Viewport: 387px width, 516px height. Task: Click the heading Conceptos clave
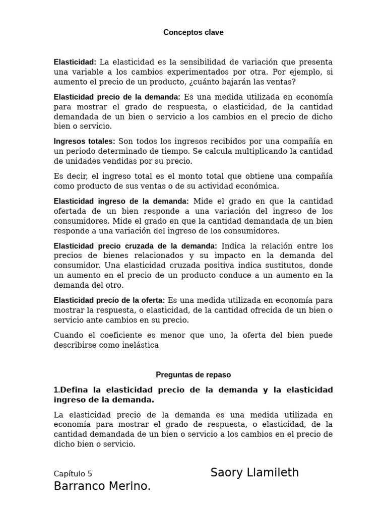point(193,32)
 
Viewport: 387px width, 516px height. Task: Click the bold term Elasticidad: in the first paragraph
point(75,62)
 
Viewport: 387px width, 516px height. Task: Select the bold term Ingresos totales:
point(84,142)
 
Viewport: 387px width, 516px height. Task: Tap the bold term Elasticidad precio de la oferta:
point(109,300)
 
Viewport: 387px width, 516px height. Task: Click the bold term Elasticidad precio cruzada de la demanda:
point(135,246)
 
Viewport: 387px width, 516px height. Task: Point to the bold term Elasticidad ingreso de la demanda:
point(121,201)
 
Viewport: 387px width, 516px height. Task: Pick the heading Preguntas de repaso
point(193,375)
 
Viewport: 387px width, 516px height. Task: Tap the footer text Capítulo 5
point(73,474)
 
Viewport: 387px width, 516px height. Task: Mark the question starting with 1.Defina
point(193,395)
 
